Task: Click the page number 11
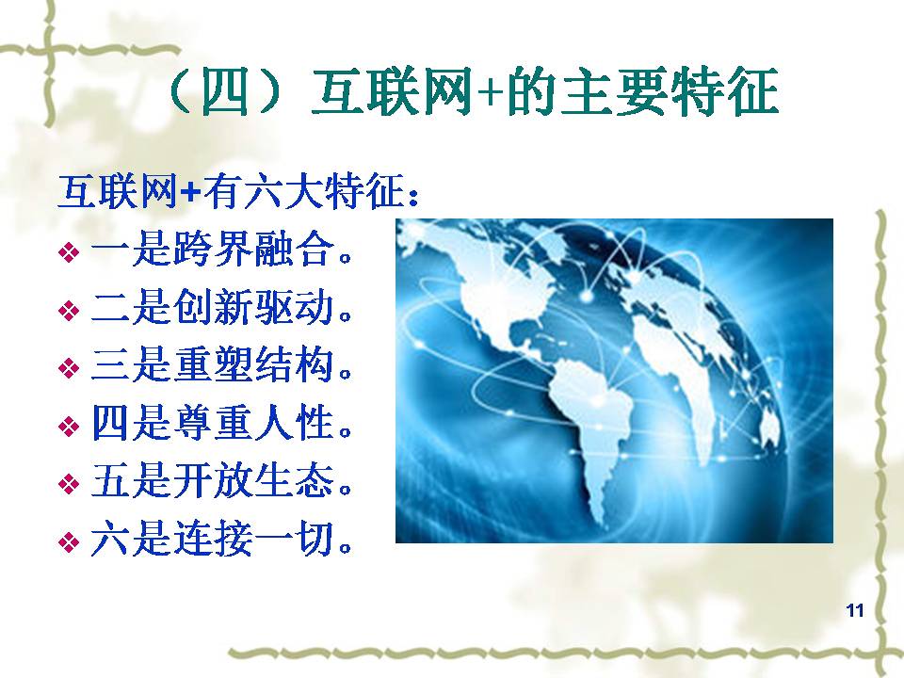[855, 610]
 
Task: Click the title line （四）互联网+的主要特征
[473, 92]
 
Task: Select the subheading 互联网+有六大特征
[238, 191]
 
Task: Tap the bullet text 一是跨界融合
[221, 250]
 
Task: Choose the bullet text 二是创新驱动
[221, 307]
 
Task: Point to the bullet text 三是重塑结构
[221, 365]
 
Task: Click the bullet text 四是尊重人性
[221, 424]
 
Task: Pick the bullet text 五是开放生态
[221, 481]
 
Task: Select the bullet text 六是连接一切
[221, 540]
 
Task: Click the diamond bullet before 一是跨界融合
[69, 252]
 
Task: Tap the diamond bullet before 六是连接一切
[69, 542]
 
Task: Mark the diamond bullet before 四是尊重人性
[69, 427]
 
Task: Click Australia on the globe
[769, 427]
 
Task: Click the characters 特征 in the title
[725, 92]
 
